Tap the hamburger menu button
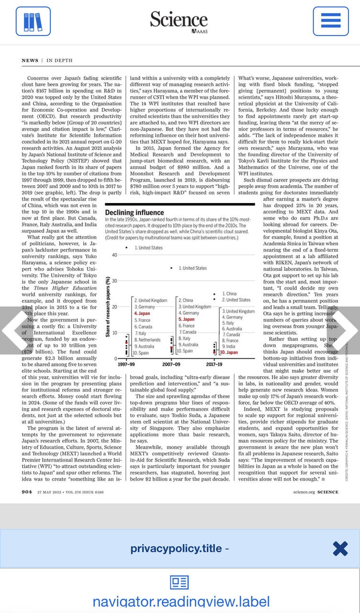[x=331, y=21]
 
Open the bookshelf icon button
[x=33, y=21]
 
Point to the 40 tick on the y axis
[x=114, y=255]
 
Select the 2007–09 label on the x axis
[x=171, y=364]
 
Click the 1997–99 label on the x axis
[x=126, y=364]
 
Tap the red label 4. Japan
[x=142, y=313]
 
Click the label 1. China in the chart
[x=230, y=294]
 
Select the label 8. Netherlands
[x=147, y=340]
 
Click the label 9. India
[x=228, y=346]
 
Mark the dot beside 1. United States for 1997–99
[x=126, y=248]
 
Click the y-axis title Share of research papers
[x=108, y=306]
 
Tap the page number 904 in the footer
[x=27, y=491]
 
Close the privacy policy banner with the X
[x=340, y=548]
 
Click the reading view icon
[x=180, y=583]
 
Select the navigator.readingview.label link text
[x=181, y=602]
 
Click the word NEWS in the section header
[x=30, y=60]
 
